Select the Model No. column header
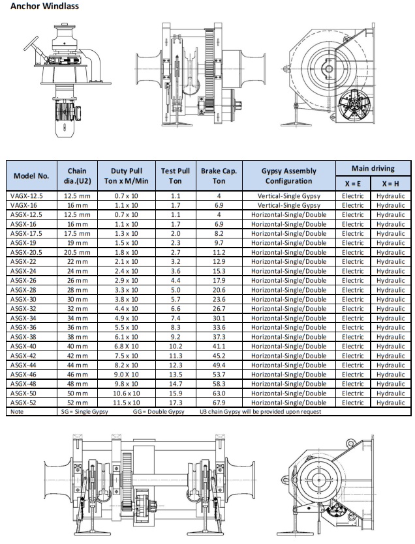pyautogui.click(x=31, y=175)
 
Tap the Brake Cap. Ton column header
pyautogui.click(x=219, y=175)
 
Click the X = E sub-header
pyautogui.click(x=353, y=184)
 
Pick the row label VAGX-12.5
pyautogui.click(x=26, y=195)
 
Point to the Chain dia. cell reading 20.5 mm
pyautogui.click(x=77, y=252)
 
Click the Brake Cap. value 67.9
pyautogui.click(x=219, y=403)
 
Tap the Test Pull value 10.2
pyautogui.click(x=176, y=347)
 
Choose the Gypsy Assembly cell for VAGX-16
pyautogui.click(x=288, y=205)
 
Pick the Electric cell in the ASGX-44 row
pyautogui.click(x=353, y=365)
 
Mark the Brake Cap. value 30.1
pyautogui.click(x=219, y=318)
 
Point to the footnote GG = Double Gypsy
pyautogui.click(x=159, y=412)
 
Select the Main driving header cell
pyautogui.click(x=373, y=168)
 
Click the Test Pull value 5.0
pyautogui.click(x=176, y=290)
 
